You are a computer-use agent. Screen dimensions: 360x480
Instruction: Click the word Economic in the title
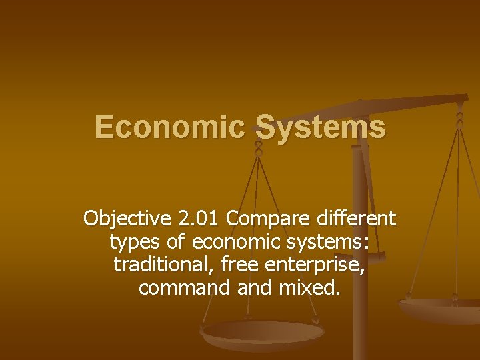169,127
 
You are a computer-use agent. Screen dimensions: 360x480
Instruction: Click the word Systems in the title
320,127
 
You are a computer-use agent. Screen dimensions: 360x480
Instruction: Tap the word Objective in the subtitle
127,219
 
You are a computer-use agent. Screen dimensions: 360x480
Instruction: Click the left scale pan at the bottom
263,333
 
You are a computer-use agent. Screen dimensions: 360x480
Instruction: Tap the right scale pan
443,310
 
